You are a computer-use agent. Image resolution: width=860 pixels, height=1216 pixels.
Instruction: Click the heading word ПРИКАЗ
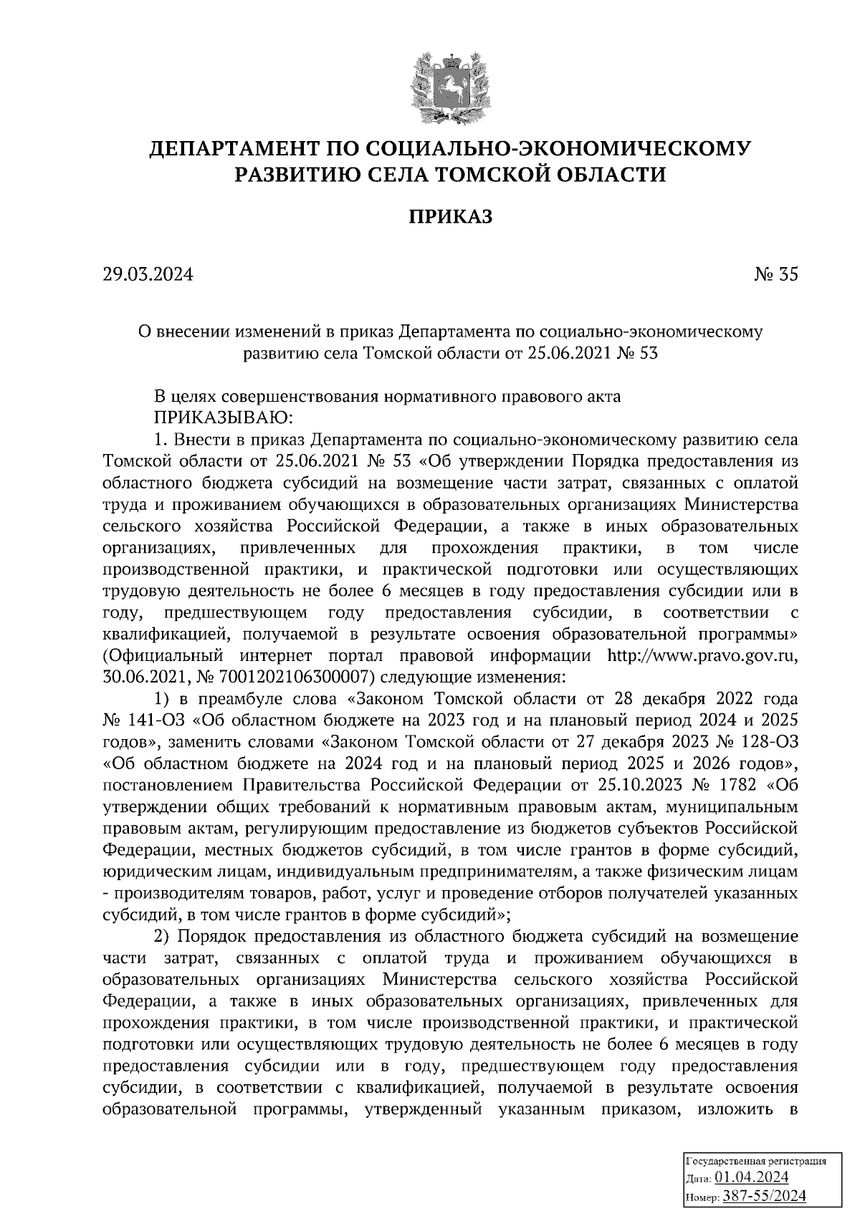451,216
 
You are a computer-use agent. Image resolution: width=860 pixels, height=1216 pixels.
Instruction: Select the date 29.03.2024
148,274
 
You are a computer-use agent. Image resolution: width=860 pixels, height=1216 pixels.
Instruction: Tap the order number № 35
775,274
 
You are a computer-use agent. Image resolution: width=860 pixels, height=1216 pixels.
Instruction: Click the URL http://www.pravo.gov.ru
702,655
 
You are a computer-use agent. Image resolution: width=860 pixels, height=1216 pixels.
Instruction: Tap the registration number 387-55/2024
765,1196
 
